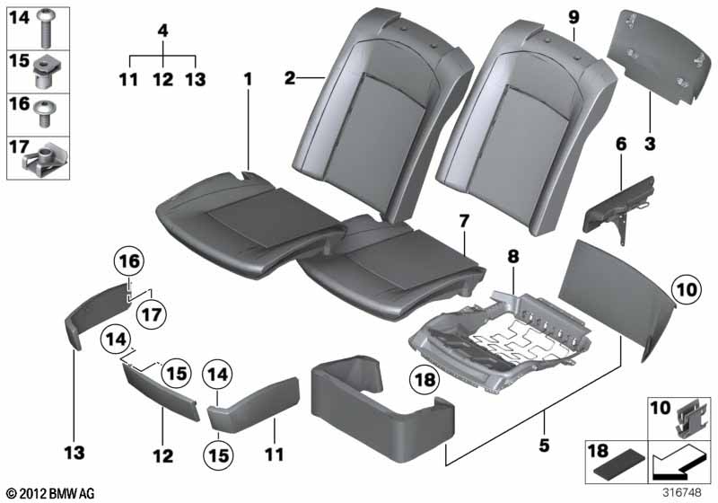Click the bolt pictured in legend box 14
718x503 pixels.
(x=46, y=29)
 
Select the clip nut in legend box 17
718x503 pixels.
(x=46, y=162)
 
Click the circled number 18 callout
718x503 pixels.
(x=425, y=379)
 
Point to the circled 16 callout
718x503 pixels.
(x=129, y=261)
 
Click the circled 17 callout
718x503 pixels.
(x=152, y=314)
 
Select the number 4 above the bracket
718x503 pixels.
(x=163, y=31)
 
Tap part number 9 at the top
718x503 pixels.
(x=574, y=18)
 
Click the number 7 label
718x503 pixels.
(x=464, y=221)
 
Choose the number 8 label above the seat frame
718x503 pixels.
(x=512, y=257)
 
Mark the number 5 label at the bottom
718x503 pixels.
(x=544, y=445)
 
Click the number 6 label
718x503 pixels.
(x=621, y=145)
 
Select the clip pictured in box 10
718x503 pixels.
(x=689, y=416)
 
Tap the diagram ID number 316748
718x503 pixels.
(x=682, y=493)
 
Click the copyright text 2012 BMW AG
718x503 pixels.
(x=50, y=493)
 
